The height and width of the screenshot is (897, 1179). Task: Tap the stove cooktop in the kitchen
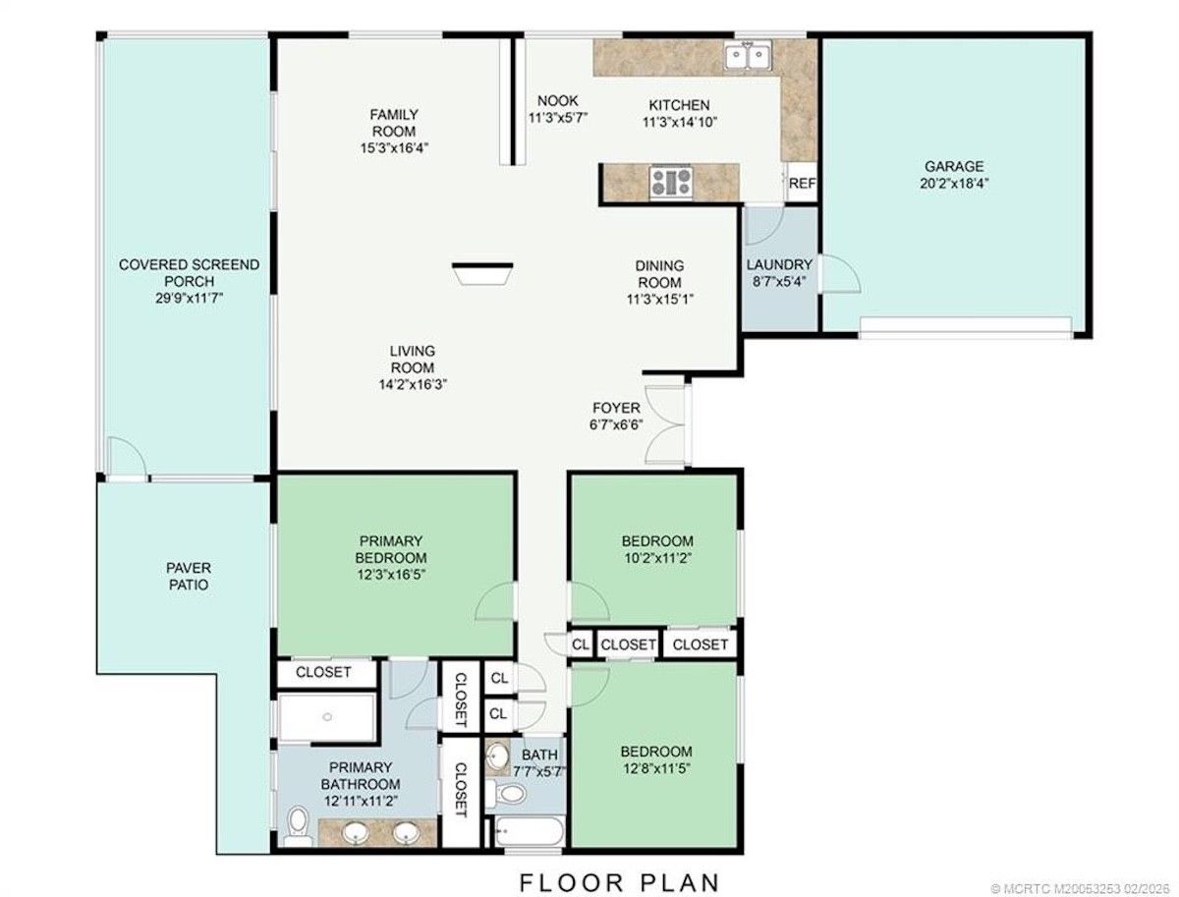(x=670, y=182)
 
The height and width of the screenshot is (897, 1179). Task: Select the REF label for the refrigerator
(x=802, y=183)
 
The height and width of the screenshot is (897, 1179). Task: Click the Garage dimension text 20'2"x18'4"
(x=953, y=183)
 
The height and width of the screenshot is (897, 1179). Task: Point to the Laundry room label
(x=779, y=265)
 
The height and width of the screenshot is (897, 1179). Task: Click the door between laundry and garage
(x=839, y=273)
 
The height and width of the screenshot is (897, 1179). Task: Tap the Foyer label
(x=616, y=408)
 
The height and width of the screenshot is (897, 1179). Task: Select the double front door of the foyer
(x=666, y=423)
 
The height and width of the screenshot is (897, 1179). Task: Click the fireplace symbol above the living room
(x=481, y=273)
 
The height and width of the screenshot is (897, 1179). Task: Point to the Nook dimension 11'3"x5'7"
(x=557, y=118)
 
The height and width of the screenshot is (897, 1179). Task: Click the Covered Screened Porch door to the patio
(x=127, y=457)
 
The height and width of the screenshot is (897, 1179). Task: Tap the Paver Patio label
(x=189, y=576)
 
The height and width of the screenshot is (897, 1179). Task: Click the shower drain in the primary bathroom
(x=327, y=716)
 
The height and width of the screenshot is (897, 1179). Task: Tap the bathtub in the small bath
(x=529, y=831)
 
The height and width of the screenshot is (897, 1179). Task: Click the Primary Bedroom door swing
(x=494, y=601)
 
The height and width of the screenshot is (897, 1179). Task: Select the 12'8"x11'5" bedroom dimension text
(x=656, y=768)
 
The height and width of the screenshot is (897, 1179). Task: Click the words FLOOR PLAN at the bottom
(x=619, y=883)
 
